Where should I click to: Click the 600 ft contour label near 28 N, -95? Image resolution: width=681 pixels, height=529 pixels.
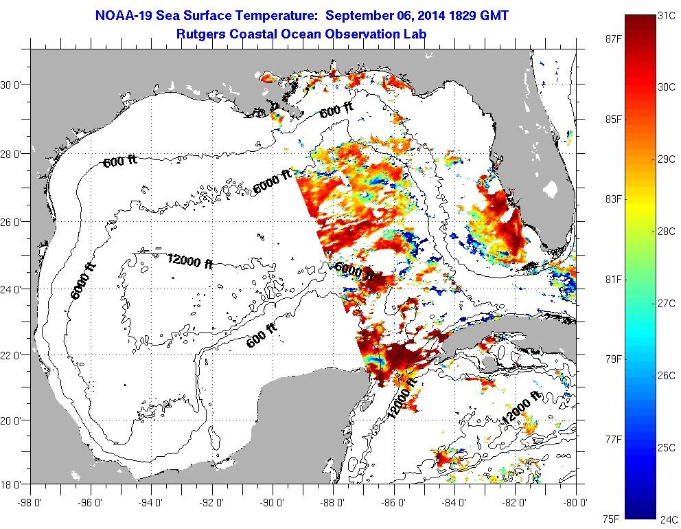[x=120, y=161]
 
